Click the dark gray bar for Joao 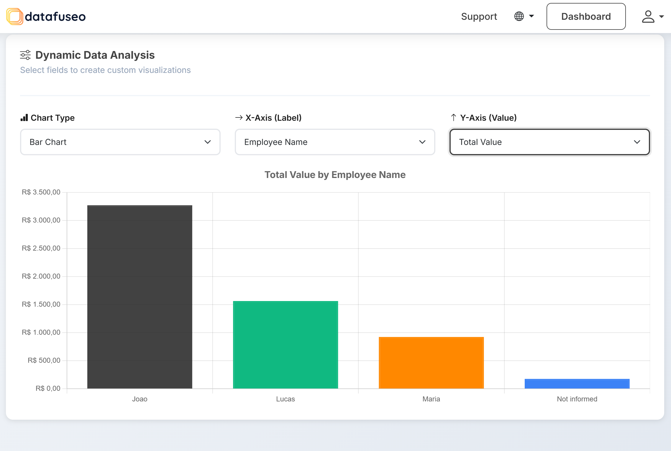point(140,297)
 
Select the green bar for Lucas point(285,344)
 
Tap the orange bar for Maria point(431,362)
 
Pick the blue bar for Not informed point(577,383)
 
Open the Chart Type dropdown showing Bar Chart point(120,142)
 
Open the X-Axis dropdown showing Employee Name point(335,142)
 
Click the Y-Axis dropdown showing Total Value point(549,142)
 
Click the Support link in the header point(479,17)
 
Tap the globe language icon point(519,16)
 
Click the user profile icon point(648,17)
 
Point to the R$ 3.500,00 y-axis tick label point(41,192)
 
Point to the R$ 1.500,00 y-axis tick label point(41,304)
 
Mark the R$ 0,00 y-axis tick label point(48,388)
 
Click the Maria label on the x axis point(431,399)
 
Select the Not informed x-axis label point(577,399)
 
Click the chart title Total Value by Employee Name point(335,175)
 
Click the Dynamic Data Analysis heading point(95,55)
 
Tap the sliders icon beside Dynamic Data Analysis point(25,55)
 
